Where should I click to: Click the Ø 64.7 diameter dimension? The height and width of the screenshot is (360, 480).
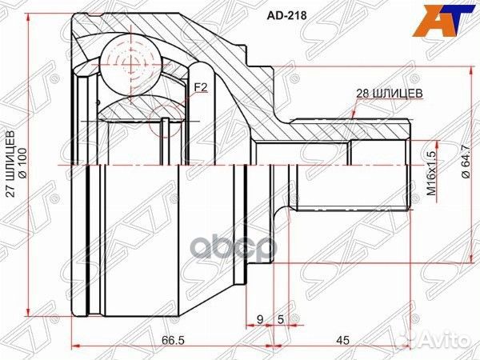click(466, 170)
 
